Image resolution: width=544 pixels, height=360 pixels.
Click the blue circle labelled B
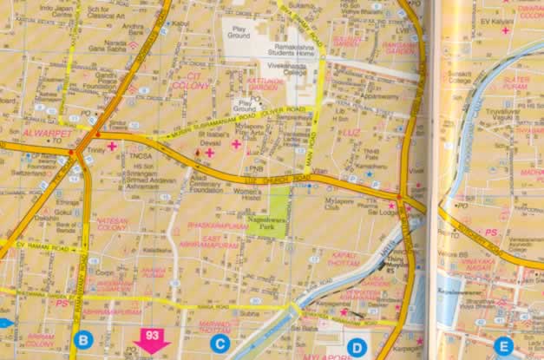pyautogui.click(x=84, y=340)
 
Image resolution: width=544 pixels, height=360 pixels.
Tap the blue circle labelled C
pyautogui.click(x=220, y=344)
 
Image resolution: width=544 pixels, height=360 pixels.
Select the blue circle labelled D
pyautogui.click(x=357, y=348)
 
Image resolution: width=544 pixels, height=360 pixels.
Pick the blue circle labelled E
pyautogui.click(x=502, y=346)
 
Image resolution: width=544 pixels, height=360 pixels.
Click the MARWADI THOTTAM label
pyautogui.click(x=214, y=327)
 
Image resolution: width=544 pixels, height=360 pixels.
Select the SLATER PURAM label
pyautogui.click(x=516, y=82)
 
